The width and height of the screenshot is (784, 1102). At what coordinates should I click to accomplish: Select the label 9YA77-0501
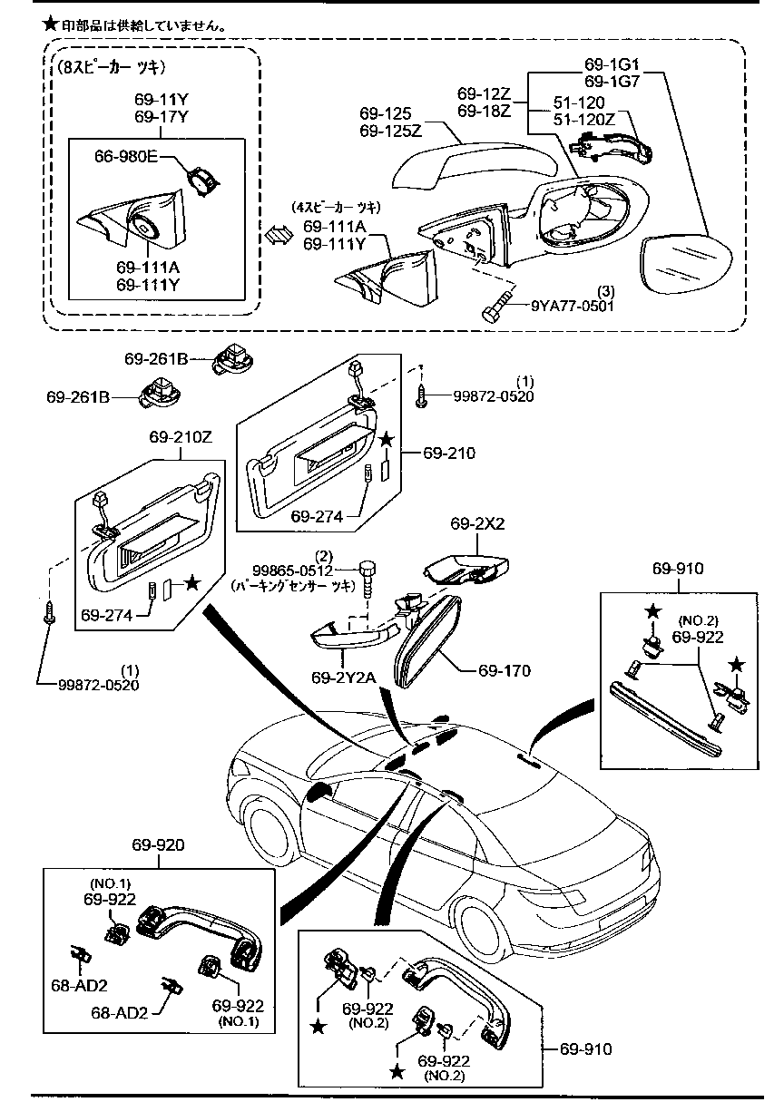[573, 306]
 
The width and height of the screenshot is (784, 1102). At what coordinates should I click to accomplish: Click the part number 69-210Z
[181, 436]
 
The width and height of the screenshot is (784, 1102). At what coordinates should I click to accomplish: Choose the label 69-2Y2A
[339, 678]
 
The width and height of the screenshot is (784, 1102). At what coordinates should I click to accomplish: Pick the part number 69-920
[160, 844]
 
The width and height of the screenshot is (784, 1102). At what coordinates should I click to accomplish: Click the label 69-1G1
[612, 64]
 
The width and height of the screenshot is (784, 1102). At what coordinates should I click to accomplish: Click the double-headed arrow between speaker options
[276, 234]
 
